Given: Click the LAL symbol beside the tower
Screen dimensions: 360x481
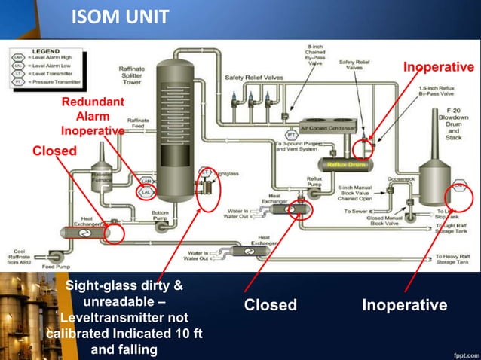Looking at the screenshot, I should click(145, 194).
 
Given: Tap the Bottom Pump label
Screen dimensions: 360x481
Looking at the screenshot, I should click(160, 216).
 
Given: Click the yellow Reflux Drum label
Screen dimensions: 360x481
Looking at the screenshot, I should click(346, 163).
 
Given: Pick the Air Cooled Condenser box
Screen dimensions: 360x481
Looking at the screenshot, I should click(332, 128).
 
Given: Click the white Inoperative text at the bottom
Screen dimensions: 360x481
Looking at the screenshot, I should click(404, 305).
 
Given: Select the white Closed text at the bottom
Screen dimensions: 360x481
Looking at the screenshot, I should click(270, 305).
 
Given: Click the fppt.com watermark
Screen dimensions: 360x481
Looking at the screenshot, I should click(460, 352).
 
